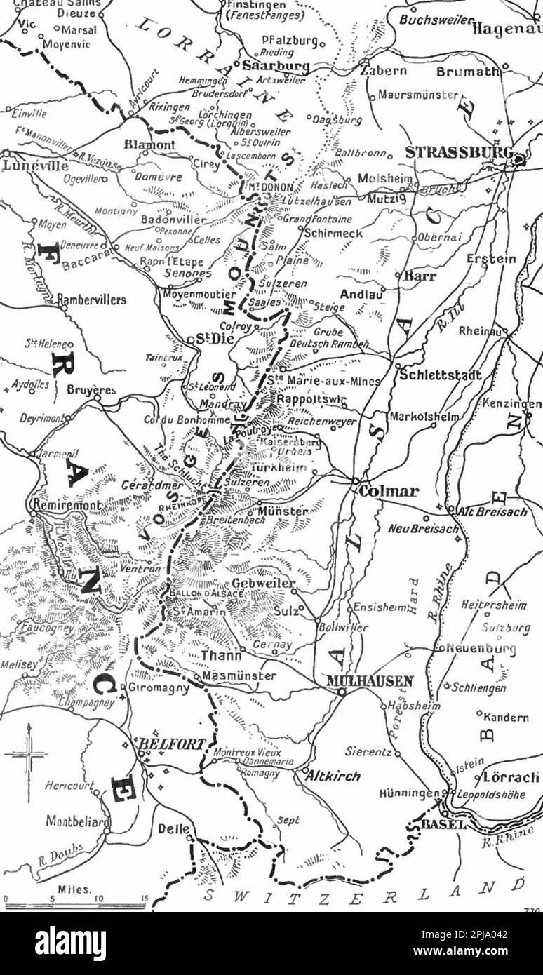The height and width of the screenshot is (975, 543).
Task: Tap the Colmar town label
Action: [x=388, y=491]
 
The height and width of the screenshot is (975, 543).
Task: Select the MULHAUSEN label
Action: [x=370, y=680]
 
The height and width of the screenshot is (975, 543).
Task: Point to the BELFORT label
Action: [x=172, y=744]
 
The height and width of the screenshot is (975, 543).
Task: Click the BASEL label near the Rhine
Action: [x=443, y=824]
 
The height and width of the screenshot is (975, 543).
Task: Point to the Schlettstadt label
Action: [x=441, y=375]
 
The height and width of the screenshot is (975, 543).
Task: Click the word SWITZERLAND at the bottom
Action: [x=365, y=893]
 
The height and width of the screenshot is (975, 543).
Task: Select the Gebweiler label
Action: [x=263, y=584]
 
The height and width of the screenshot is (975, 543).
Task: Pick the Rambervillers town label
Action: [x=92, y=300]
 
